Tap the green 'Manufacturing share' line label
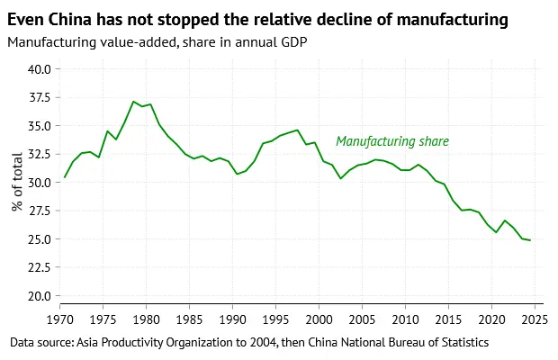pyautogui.click(x=391, y=141)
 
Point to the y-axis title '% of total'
pyautogui.click(x=17, y=183)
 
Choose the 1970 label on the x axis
pyautogui.click(x=61, y=319)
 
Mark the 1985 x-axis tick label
pyautogui.click(x=190, y=319)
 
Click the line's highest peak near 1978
pyautogui.click(x=133, y=102)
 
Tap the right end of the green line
pyautogui.click(x=530, y=240)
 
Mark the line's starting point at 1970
pyautogui.click(x=64, y=177)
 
